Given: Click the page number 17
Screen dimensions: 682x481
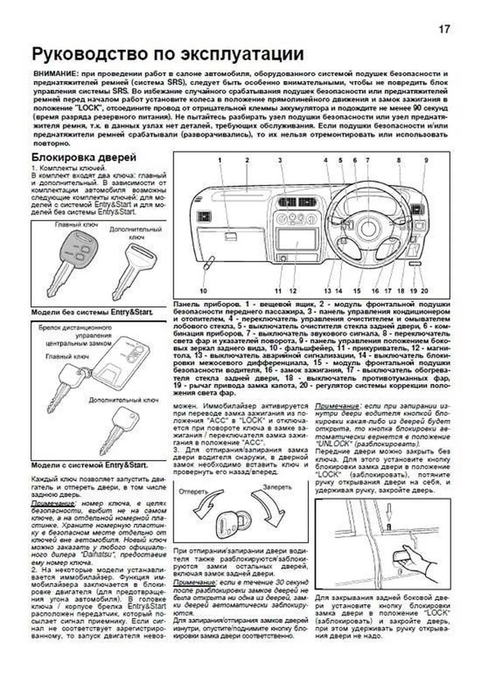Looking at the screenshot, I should (x=444, y=29).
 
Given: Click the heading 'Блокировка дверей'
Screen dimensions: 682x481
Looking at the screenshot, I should (x=84, y=157).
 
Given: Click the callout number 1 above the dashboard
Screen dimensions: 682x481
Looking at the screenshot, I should (x=220, y=160).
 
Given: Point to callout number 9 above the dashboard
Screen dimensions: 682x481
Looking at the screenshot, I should (x=426, y=160).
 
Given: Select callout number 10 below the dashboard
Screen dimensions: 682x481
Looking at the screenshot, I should (x=203, y=291).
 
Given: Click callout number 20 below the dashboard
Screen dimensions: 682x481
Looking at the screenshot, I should (x=424, y=291).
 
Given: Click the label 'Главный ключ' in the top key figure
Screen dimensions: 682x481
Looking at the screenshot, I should (x=76, y=225).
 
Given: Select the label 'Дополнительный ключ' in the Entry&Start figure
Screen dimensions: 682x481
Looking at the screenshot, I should (x=123, y=400).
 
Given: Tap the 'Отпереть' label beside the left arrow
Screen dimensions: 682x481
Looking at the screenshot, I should (x=193, y=491).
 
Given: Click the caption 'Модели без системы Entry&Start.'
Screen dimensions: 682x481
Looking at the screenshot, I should (x=93, y=312).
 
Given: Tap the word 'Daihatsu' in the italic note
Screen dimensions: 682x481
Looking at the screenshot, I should (x=96, y=555).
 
